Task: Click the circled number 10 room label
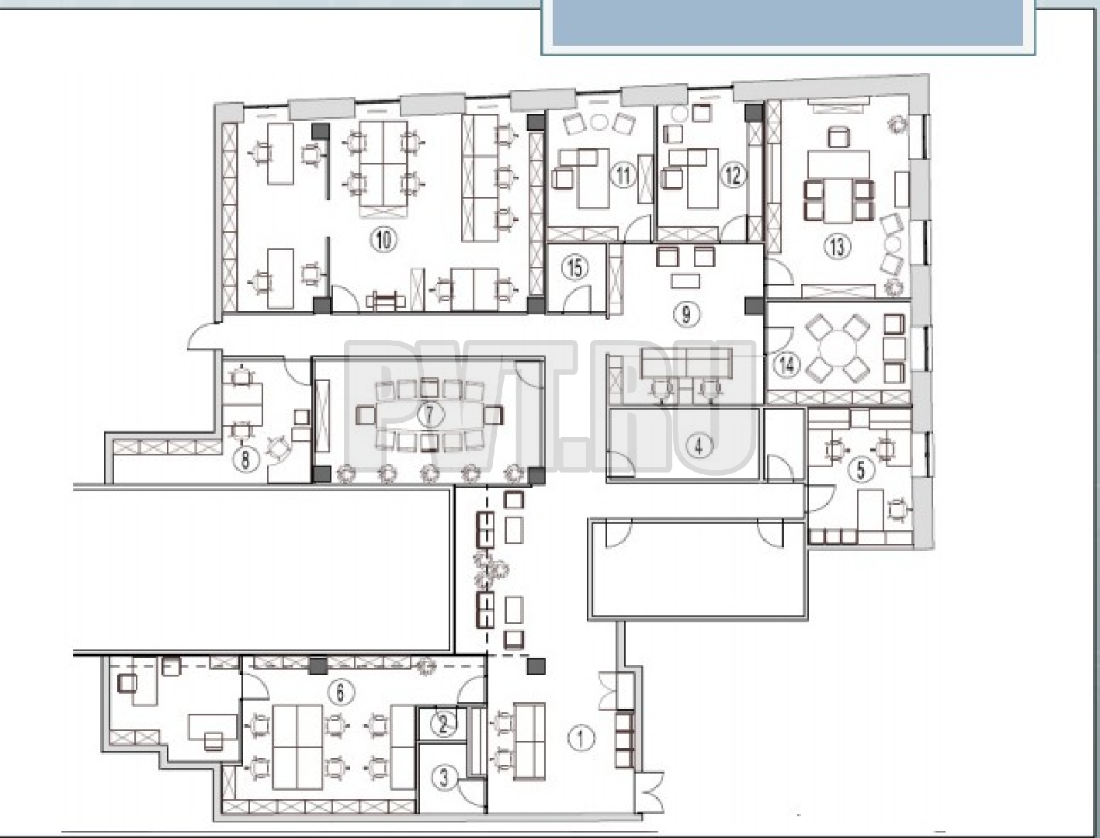click(x=383, y=240)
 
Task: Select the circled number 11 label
click(x=623, y=175)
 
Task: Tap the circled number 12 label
click(x=733, y=175)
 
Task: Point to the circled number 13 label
click(x=837, y=247)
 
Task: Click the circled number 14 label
click(x=787, y=365)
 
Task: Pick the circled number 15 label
click(x=575, y=268)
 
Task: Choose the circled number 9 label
click(x=686, y=314)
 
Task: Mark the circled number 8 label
click(x=245, y=459)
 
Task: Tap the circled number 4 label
click(x=699, y=446)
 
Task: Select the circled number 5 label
click(x=861, y=469)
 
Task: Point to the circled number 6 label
click(x=341, y=693)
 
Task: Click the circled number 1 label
click(x=581, y=739)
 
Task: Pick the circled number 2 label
click(x=443, y=725)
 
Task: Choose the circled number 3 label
click(x=444, y=778)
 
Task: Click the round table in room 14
click(x=835, y=349)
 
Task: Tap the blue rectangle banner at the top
click(x=788, y=23)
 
